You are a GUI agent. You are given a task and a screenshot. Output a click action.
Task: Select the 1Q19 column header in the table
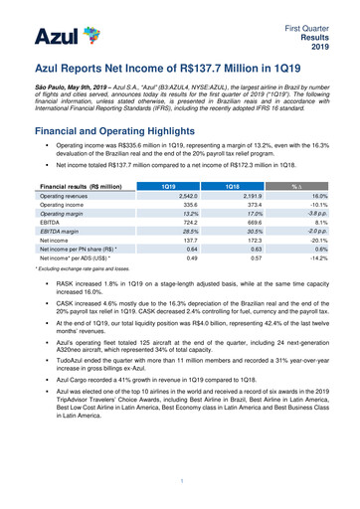point(176,159)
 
